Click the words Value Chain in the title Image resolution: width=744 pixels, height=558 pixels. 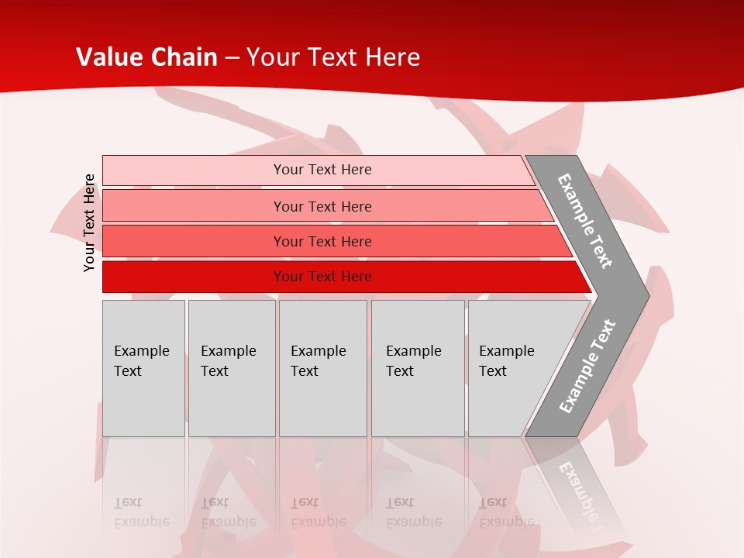point(147,57)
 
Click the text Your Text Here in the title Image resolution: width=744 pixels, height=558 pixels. point(333,57)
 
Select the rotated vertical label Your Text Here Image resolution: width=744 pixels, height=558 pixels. point(89,222)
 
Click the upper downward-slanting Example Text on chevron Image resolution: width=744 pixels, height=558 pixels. point(586,221)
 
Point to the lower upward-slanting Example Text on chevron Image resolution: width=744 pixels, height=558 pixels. point(587,366)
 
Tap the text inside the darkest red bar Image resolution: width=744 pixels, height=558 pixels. point(322,277)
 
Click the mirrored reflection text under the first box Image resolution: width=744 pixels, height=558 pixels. point(142,512)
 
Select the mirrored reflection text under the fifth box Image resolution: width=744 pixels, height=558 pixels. point(507,512)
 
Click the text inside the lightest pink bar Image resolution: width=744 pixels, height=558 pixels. point(322,170)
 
